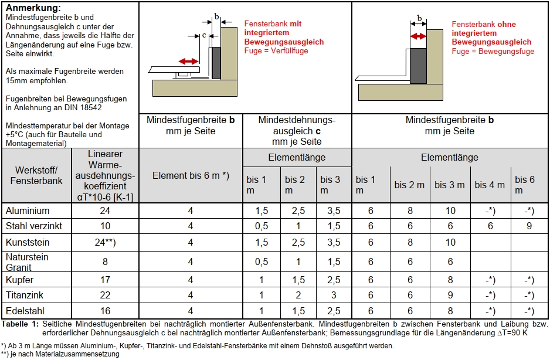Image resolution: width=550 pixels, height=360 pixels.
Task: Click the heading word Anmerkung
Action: (32, 8)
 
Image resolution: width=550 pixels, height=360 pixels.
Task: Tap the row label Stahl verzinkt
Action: (33, 226)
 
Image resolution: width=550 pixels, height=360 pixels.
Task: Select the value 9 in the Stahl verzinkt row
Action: (529, 226)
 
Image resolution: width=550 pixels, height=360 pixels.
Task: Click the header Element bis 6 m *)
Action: (191, 175)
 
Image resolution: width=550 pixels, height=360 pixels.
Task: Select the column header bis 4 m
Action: (490, 185)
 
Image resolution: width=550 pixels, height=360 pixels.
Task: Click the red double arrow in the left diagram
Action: (188, 61)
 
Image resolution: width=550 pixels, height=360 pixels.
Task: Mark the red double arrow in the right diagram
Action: (418, 36)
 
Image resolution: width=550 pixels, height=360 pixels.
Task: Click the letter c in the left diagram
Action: (203, 35)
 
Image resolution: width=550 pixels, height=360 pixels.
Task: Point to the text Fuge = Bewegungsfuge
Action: (493, 52)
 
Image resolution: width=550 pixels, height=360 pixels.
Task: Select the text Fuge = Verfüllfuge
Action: (276, 51)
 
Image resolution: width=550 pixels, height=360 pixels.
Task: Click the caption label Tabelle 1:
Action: (20, 324)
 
